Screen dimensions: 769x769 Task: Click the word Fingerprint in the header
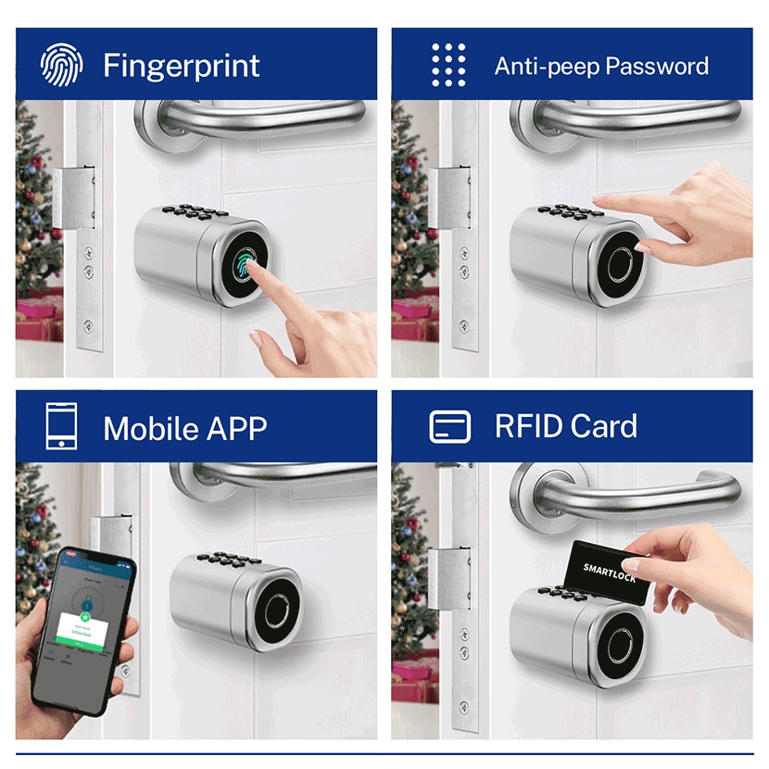(x=182, y=66)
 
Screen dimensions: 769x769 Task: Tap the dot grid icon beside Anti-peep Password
(x=448, y=64)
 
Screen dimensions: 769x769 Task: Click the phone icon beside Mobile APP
(x=61, y=427)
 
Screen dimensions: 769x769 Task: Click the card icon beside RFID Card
(x=450, y=426)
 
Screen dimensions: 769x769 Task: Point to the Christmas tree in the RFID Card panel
(x=412, y=574)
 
